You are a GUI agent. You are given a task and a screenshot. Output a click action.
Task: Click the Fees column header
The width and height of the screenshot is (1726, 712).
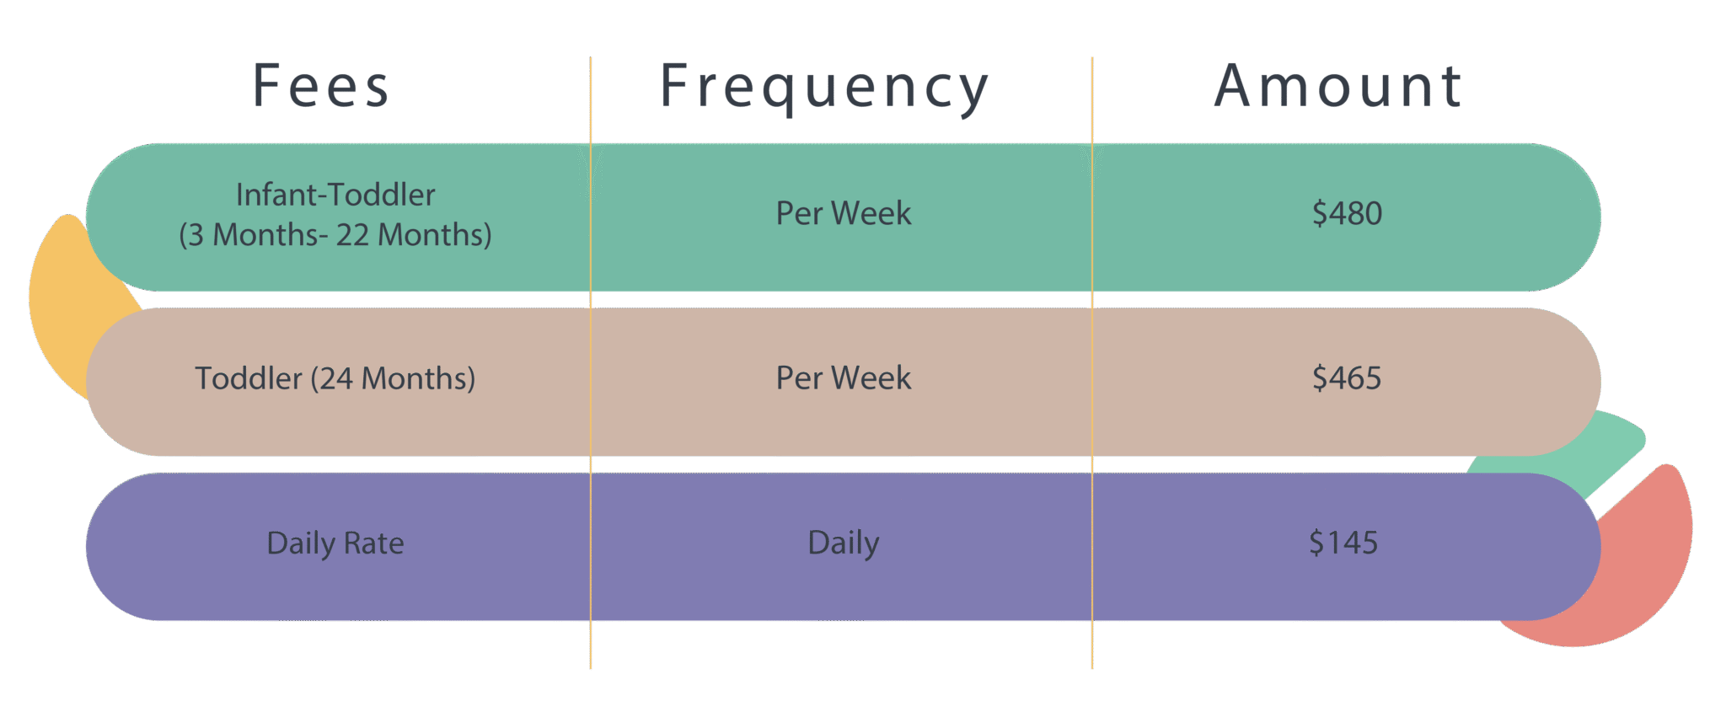point(321,86)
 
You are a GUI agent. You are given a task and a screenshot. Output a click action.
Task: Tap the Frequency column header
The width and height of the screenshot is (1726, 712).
point(824,88)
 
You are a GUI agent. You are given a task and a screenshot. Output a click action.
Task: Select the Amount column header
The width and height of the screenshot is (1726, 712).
point(1337,86)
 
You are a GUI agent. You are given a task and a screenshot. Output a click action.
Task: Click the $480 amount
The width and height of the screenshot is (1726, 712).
point(1347,213)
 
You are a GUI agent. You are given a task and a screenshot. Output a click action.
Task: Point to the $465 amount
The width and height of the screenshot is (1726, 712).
point(1347,377)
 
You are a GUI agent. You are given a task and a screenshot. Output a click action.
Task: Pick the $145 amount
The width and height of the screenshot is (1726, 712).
point(1343,543)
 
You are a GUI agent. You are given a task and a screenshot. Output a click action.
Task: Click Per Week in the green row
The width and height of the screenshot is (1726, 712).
point(844,213)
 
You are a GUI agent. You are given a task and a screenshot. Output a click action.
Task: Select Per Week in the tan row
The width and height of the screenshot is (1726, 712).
point(844,377)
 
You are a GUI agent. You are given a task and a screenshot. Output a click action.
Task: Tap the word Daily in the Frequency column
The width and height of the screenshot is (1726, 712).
point(844,544)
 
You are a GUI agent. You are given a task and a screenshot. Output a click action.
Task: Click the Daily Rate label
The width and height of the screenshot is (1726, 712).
point(335,544)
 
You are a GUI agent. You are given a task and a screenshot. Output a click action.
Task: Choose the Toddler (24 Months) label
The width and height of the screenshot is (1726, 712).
point(335,378)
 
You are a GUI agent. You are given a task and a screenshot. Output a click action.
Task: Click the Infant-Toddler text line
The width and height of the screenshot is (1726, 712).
point(335,195)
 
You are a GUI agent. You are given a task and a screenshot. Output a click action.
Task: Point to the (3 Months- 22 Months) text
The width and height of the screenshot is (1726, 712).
point(335,235)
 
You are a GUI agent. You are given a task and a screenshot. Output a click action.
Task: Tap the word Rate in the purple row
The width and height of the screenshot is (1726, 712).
point(374,543)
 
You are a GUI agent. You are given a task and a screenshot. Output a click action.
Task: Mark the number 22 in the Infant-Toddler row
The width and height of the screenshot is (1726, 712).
point(352,235)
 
